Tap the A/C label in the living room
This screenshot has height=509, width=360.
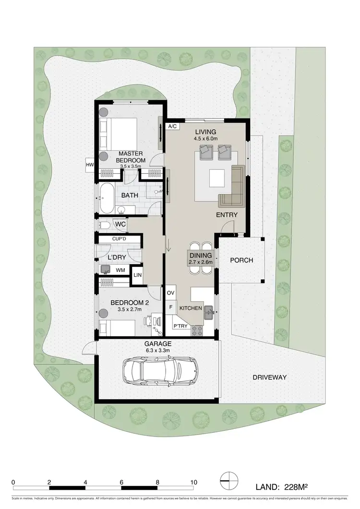coord(171,126)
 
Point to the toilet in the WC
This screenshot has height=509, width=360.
coord(104,224)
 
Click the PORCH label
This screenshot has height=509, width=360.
coord(241,260)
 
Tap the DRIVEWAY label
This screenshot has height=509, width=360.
coord(269,378)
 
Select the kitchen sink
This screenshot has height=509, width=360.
coord(209,313)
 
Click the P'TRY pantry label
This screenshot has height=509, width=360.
coord(180,326)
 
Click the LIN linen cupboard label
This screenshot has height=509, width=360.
coord(137,275)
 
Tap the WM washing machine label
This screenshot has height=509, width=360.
coord(120,270)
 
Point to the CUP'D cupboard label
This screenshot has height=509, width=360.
coord(120,238)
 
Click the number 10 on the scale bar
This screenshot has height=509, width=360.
coord(194,482)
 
